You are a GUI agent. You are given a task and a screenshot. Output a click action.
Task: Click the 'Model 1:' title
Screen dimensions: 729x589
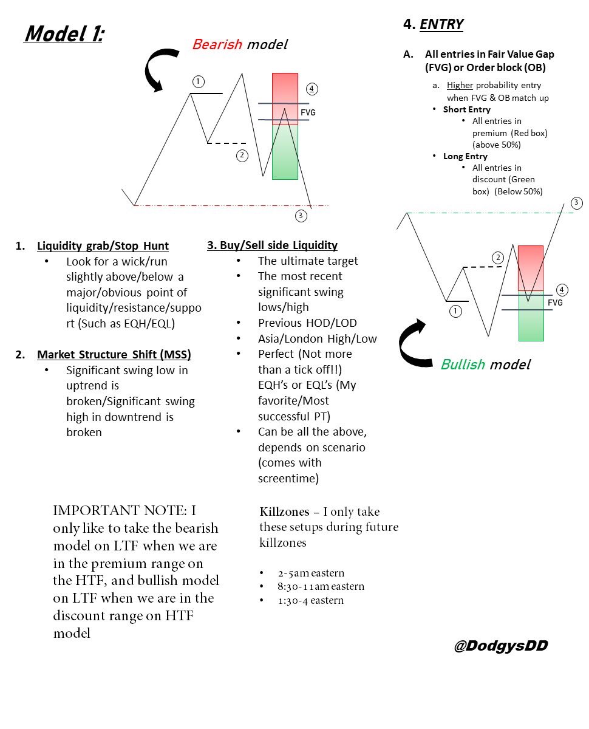click(63, 34)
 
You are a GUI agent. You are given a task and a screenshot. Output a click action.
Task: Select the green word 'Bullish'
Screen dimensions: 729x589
click(463, 364)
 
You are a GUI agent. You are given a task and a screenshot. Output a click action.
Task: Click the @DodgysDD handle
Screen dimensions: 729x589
click(500, 646)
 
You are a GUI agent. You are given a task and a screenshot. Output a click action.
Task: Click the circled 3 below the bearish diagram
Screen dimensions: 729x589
click(301, 215)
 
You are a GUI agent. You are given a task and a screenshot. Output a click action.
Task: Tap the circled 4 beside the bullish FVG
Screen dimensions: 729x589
click(562, 290)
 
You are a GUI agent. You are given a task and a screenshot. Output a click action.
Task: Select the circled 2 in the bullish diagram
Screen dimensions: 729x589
click(499, 258)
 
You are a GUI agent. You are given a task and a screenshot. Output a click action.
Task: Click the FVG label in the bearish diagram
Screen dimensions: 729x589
click(308, 112)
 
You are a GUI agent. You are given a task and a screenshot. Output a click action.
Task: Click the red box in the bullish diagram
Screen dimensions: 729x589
click(530, 267)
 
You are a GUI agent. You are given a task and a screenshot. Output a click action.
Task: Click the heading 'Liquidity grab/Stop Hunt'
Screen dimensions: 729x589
click(103, 246)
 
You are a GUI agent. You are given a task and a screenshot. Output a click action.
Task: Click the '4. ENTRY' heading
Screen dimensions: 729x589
click(433, 24)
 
